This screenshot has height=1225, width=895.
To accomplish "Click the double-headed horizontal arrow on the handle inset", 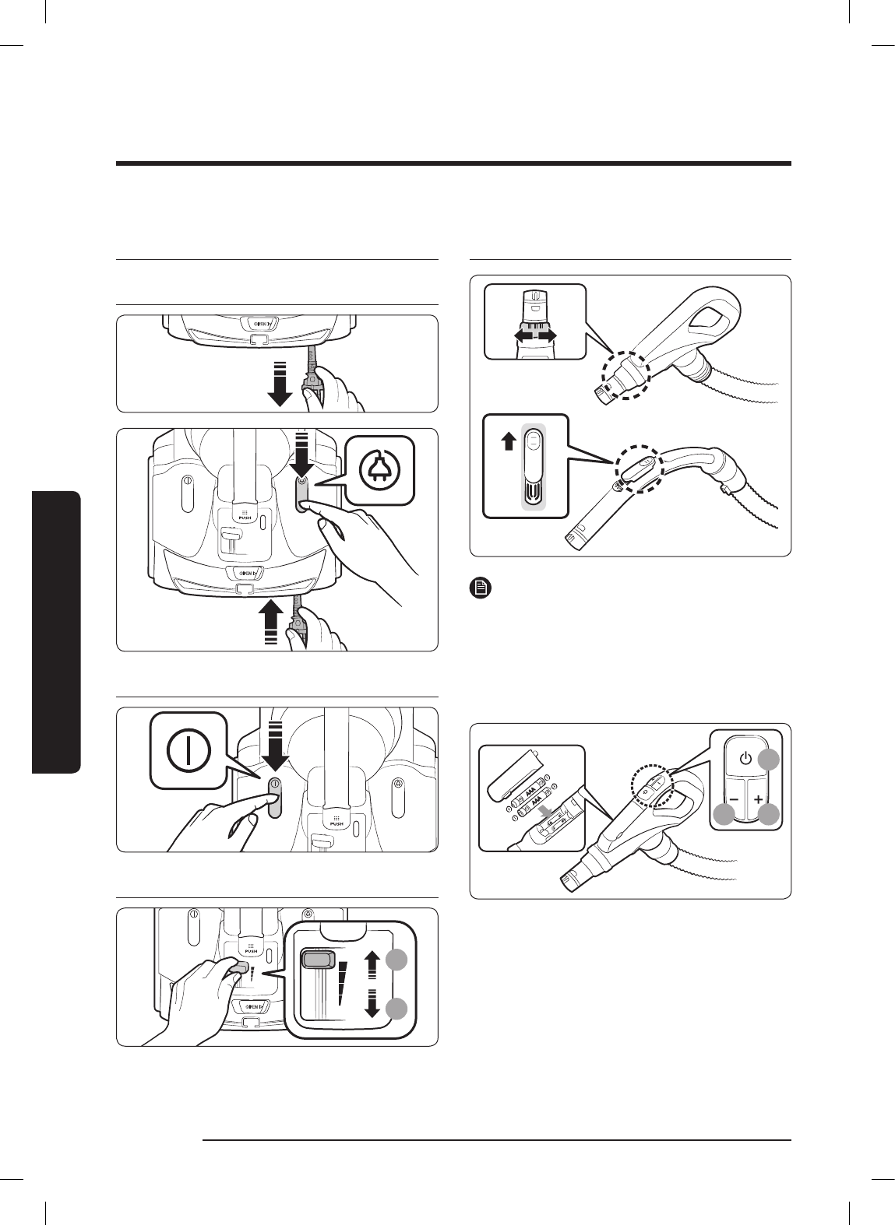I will coord(535,334).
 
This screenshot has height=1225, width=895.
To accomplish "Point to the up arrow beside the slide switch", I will coord(508,442).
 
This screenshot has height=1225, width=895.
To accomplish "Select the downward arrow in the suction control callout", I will coord(372,1005).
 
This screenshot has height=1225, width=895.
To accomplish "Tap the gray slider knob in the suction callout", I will coord(318,960).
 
